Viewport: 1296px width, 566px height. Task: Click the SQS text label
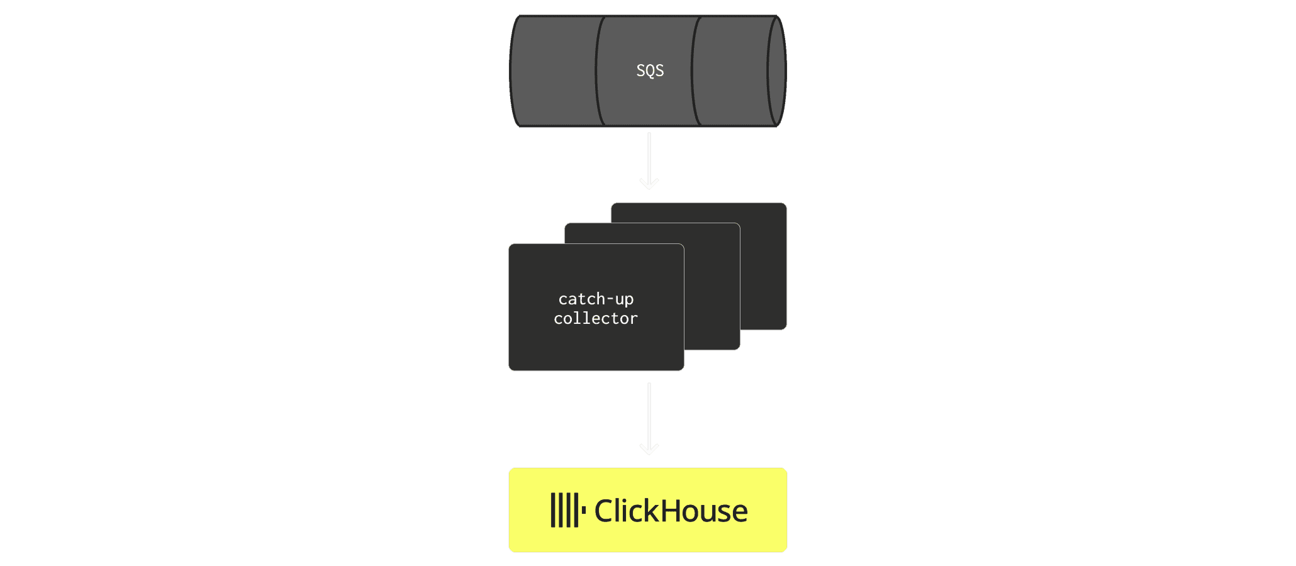(x=650, y=70)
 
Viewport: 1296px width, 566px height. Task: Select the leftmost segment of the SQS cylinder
(x=553, y=71)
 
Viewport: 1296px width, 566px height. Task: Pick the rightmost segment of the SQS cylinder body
(x=732, y=71)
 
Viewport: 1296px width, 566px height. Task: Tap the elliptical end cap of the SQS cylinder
(x=777, y=71)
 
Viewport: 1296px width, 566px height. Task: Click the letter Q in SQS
(x=650, y=71)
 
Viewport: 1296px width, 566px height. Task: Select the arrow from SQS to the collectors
(x=649, y=160)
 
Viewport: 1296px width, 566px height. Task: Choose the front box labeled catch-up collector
(x=596, y=307)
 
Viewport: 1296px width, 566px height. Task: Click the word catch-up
(x=596, y=299)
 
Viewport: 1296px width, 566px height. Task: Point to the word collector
(x=596, y=318)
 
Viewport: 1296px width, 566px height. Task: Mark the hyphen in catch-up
(x=610, y=299)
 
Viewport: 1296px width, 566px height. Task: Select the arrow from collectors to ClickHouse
(x=649, y=418)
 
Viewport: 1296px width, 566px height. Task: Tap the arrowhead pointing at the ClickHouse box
(x=649, y=449)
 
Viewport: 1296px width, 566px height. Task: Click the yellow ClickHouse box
(x=648, y=510)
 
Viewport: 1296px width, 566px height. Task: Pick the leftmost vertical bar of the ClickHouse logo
(x=553, y=510)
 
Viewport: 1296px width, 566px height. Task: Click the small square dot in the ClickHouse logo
(x=584, y=510)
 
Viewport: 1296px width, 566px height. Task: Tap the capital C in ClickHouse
(x=605, y=511)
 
